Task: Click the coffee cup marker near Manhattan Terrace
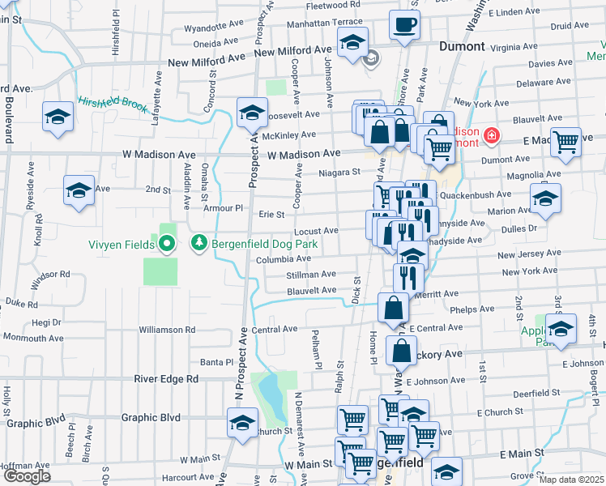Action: [x=404, y=24]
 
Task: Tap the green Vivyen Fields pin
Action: [x=168, y=242]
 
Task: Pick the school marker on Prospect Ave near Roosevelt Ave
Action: [x=252, y=113]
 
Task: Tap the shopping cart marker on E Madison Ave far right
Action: [x=565, y=142]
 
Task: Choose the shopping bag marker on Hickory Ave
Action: [x=402, y=352]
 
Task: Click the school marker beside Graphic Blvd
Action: [x=241, y=423]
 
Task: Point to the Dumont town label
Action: [x=461, y=47]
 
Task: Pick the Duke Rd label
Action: [x=22, y=304]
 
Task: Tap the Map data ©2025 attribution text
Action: [x=571, y=480]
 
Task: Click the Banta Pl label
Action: [x=217, y=361]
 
